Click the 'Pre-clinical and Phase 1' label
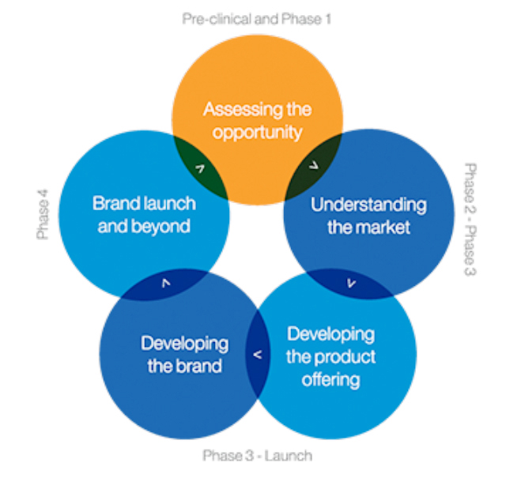tap(256, 19)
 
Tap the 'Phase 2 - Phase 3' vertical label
tap(470, 220)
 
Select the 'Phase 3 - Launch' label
tap(258, 456)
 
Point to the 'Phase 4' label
tap(43, 214)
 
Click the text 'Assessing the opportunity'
tap(257, 121)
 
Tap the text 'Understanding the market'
tap(368, 216)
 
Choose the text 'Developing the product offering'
tap(330, 357)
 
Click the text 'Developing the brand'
tap(184, 355)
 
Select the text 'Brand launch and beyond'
tap(144, 215)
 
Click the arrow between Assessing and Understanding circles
tap(314, 165)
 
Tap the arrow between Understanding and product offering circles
tap(351, 283)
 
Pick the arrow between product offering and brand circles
tap(258, 355)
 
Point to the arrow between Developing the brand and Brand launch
tap(166, 283)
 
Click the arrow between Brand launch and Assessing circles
tap(200, 169)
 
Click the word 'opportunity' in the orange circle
tap(257, 133)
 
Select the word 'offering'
tap(330, 380)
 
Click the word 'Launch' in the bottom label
tap(288, 456)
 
